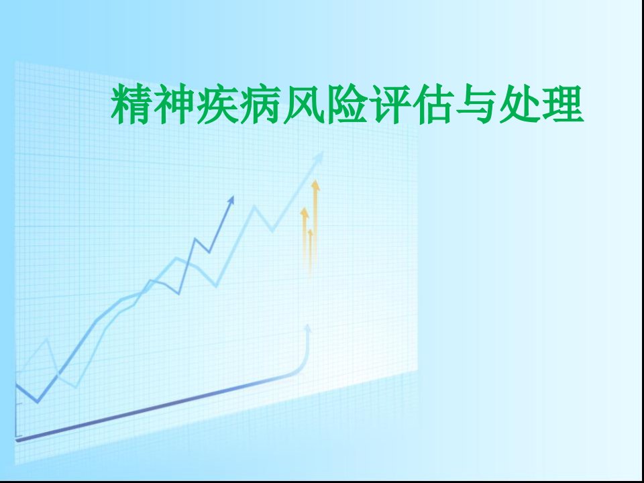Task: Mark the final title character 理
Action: pyautogui.click(x=563, y=104)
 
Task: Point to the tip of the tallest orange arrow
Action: pyautogui.click(x=315, y=181)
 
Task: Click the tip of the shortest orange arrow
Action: pyautogui.click(x=310, y=230)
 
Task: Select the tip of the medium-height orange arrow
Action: pyautogui.click(x=305, y=209)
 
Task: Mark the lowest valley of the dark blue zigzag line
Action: pyautogui.click(x=38, y=402)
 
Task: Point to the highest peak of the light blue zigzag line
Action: pyautogui.click(x=255, y=206)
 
